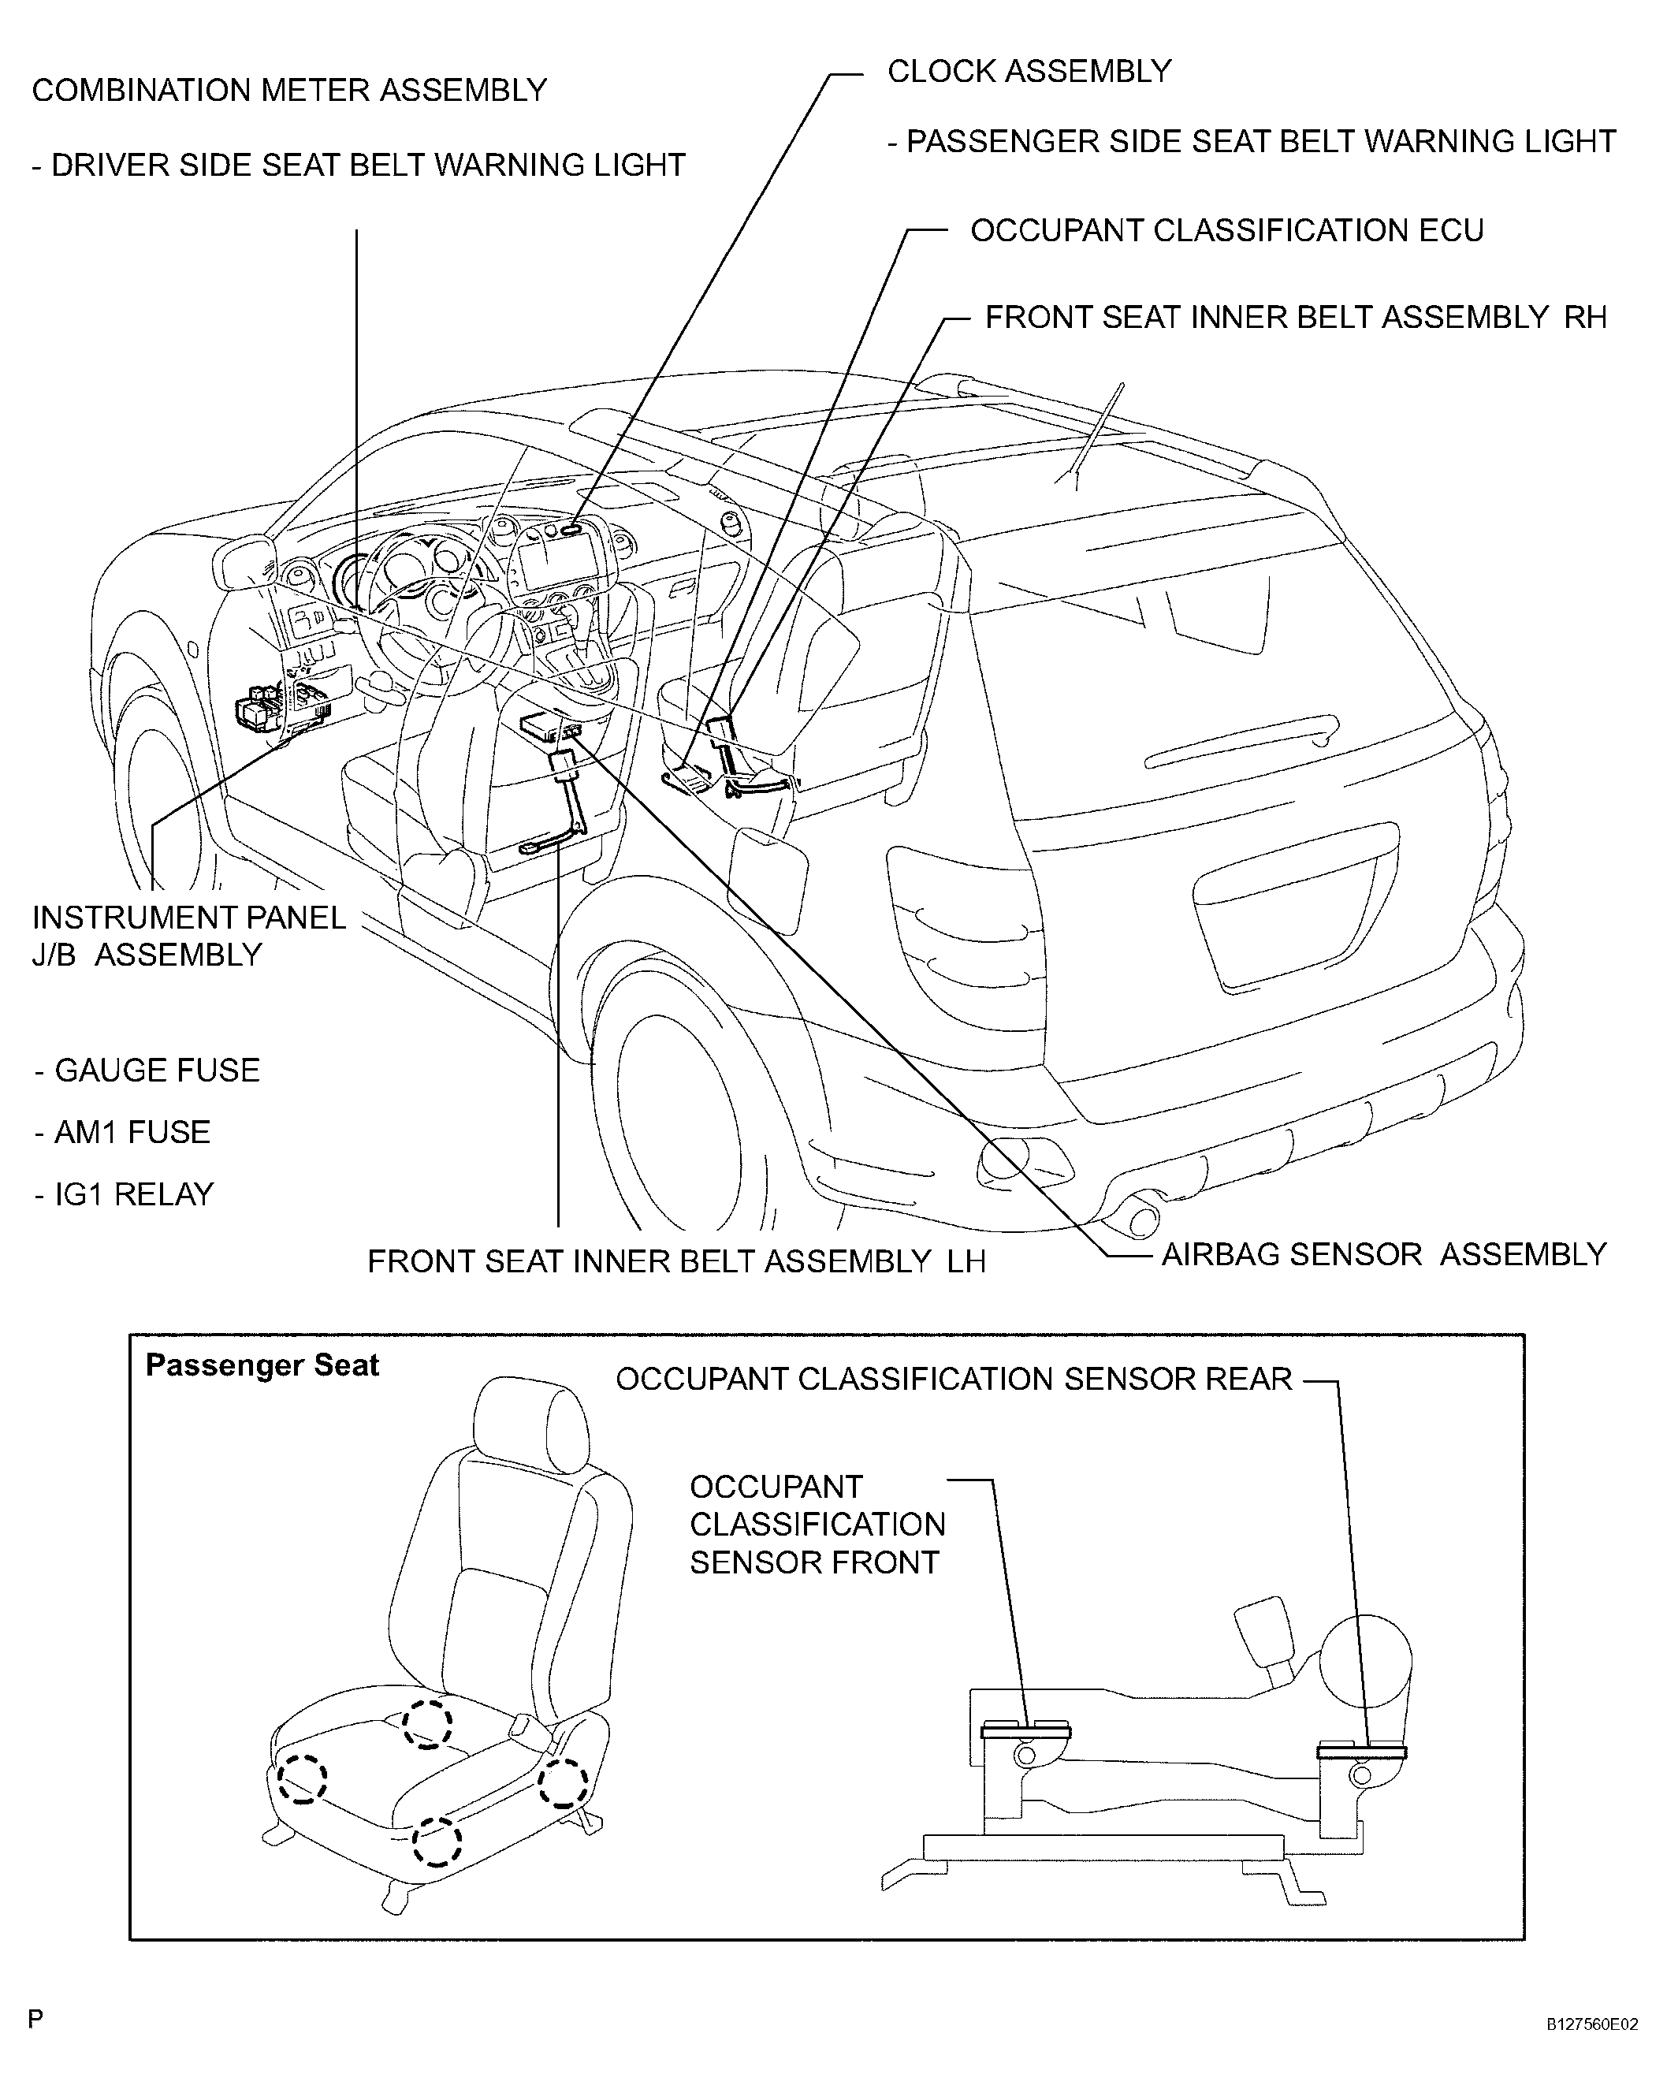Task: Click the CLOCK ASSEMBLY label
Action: [1029, 71]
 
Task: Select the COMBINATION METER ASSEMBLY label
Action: [289, 90]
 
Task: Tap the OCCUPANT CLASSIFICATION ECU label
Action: [1226, 231]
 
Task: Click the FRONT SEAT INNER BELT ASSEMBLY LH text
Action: [676, 1260]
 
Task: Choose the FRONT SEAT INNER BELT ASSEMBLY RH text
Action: [1296, 317]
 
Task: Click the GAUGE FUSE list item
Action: [147, 1070]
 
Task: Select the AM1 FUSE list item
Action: [122, 1132]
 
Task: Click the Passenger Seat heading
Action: [262, 1365]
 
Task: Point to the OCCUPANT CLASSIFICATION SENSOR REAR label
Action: [954, 1379]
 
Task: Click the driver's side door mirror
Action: [244, 562]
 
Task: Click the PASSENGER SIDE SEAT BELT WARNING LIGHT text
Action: [1252, 141]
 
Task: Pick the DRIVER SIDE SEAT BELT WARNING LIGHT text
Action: [359, 165]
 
